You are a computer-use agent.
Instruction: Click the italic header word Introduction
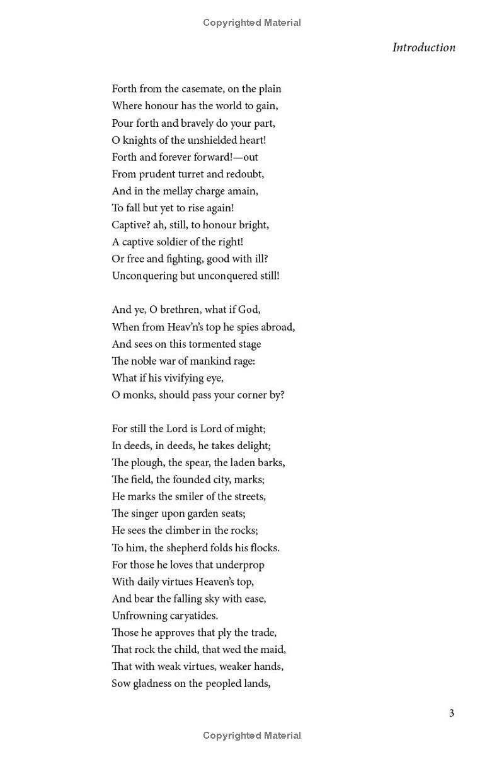[423, 47]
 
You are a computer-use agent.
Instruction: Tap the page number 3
[451, 713]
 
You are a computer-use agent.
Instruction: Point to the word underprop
[239, 565]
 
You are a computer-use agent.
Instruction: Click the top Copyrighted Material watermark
[252, 23]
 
